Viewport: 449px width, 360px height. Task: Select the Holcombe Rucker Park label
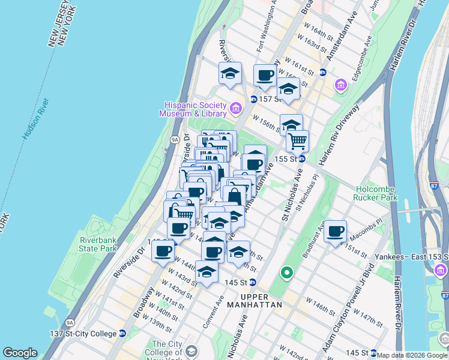tap(376, 192)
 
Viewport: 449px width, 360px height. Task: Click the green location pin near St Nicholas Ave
tap(287, 273)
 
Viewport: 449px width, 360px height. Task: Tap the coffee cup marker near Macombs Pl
tap(336, 231)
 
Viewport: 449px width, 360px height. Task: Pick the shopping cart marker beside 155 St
tap(297, 142)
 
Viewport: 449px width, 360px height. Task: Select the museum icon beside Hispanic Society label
tap(236, 109)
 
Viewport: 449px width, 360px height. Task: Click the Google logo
tap(20, 353)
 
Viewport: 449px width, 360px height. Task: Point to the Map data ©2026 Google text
tap(412, 355)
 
